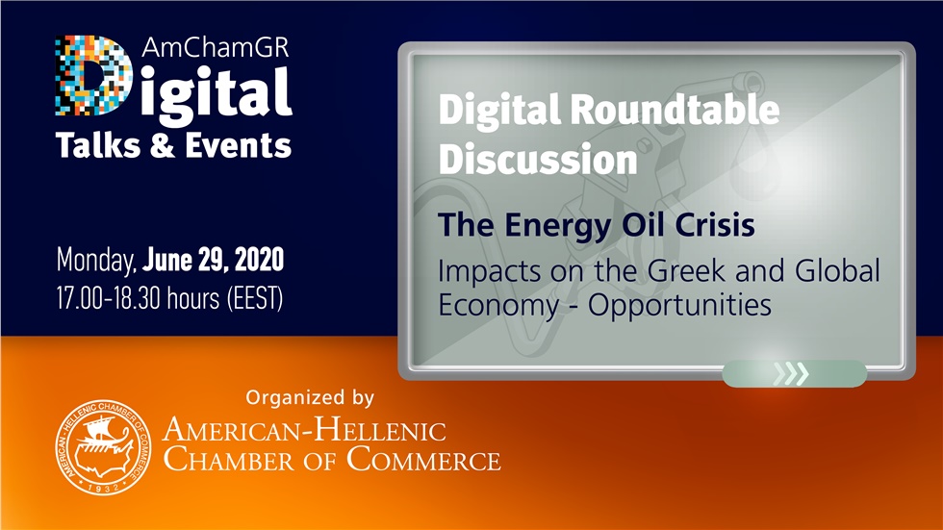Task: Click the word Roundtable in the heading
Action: pos(673,112)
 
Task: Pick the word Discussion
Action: pos(538,159)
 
